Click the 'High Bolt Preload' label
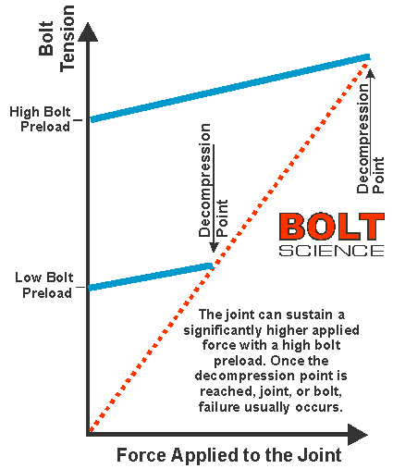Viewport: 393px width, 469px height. pos(40,119)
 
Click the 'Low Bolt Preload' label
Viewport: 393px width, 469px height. pos(44,285)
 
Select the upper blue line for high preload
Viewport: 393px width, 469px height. pos(230,88)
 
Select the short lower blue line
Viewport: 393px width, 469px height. pos(151,277)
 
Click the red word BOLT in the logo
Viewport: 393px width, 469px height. pos(332,227)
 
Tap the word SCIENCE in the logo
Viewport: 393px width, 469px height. pos(332,251)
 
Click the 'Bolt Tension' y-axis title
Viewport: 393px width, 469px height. pos(56,39)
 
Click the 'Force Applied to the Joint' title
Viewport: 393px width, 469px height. pos(229,454)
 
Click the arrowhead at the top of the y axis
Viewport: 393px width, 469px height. pos(88,31)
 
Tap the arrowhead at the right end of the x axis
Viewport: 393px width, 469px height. pos(358,434)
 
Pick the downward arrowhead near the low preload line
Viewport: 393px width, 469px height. pos(214,247)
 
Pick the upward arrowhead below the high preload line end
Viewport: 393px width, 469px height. pos(371,73)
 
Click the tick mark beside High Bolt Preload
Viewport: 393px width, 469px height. pos(78,120)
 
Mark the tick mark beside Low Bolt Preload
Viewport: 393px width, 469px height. pos(80,288)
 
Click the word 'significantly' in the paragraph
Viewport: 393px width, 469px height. pos(223,330)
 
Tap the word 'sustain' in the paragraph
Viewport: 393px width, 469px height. pos(309,315)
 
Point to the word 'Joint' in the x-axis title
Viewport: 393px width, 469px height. pos(319,454)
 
